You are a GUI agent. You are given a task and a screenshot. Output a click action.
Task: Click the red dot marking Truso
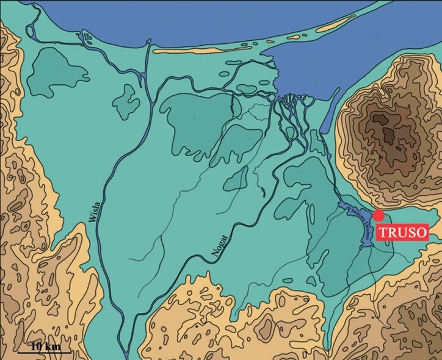(x=379, y=215)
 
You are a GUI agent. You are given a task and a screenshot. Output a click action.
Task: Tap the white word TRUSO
(x=402, y=232)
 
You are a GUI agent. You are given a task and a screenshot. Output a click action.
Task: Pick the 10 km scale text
(x=43, y=345)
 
